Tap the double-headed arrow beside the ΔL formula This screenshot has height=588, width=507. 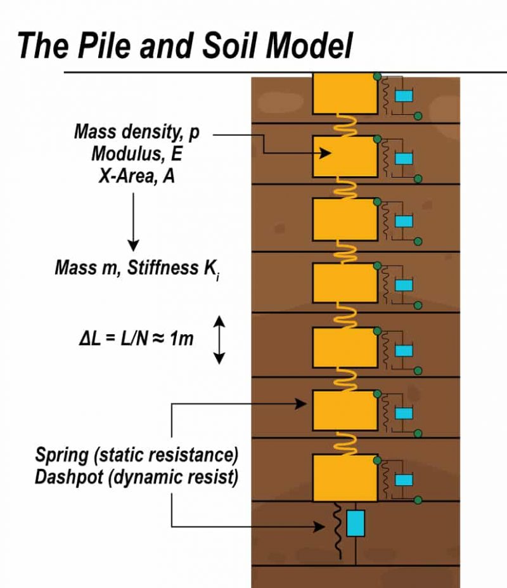[219, 340]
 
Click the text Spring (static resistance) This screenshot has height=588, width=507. [136, 455]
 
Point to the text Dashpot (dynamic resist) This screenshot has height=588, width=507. [136, 478]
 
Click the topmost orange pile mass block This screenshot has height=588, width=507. [345, 93]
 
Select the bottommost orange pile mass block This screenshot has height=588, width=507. [345, 477]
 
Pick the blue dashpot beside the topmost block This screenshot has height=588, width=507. [404, 96]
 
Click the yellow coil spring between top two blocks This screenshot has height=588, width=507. [345, 125]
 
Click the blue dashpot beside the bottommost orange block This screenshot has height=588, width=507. [404, 480]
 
